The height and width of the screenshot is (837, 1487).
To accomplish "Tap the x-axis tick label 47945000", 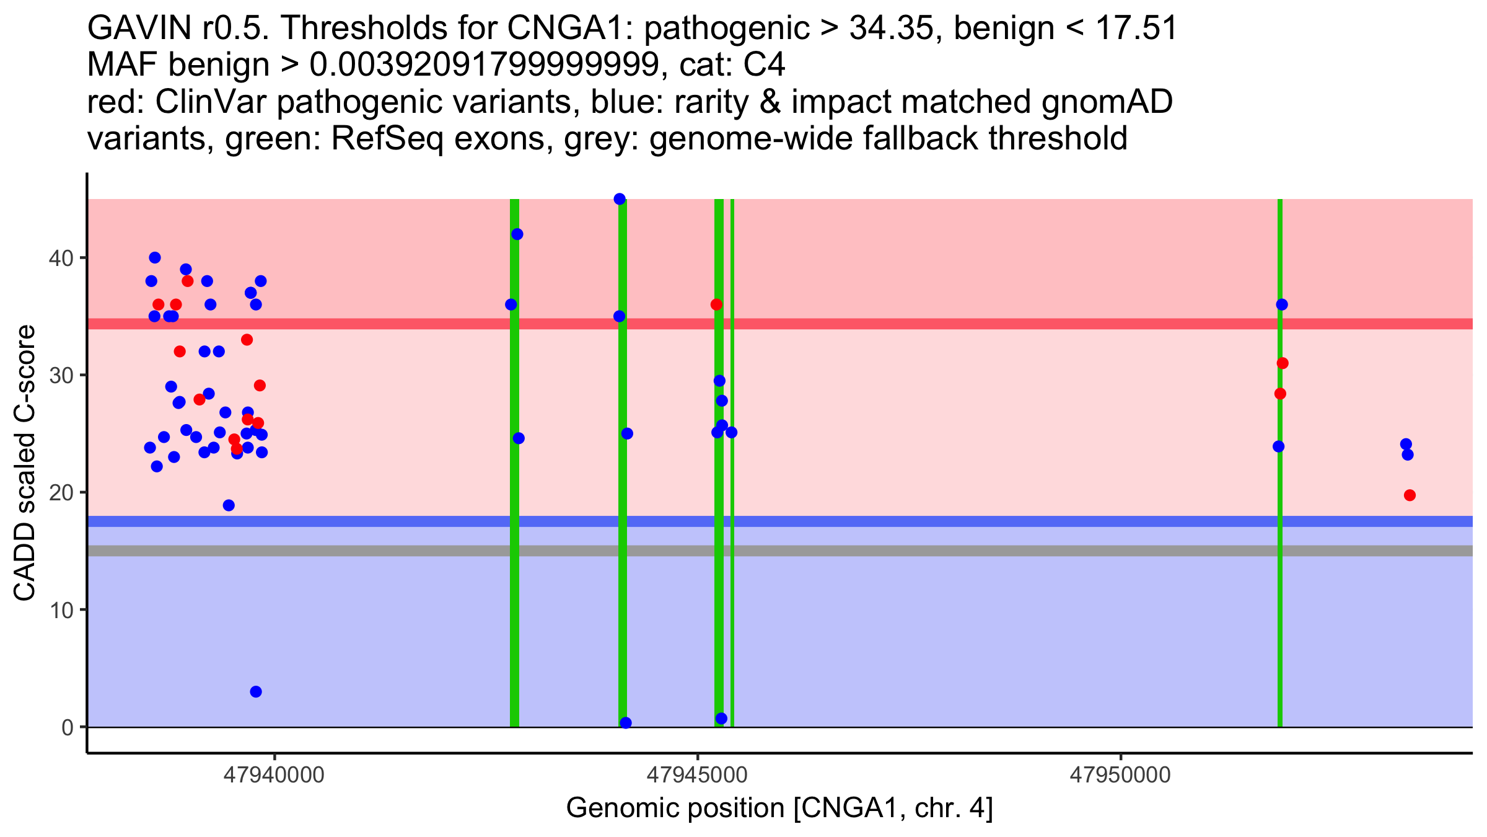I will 697,775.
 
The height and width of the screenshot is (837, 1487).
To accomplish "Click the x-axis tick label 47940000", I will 274,775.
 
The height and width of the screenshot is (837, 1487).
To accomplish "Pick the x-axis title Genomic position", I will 779,808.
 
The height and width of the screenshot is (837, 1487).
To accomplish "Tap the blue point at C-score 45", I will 620,199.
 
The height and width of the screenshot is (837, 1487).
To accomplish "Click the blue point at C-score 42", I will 517,234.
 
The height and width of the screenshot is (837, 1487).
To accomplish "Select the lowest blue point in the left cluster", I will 256,692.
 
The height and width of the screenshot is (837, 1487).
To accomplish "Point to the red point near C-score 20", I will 1410,495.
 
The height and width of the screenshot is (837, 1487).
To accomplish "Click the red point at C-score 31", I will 1283,363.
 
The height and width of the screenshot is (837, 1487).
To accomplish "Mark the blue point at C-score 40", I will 155,258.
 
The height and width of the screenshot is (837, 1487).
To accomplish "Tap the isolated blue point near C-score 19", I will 229,505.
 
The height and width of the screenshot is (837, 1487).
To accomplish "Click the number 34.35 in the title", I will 891,29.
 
